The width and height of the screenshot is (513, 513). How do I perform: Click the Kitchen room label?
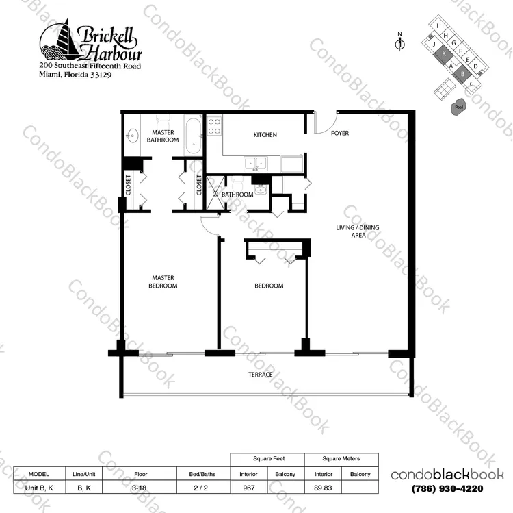click(265, 135)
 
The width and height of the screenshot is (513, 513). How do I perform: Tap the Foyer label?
click(339, 133)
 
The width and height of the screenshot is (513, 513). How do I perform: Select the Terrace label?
click(260, 375)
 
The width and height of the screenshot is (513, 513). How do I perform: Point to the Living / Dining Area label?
click(358, 232)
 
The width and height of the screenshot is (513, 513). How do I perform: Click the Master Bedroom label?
click(163, 281)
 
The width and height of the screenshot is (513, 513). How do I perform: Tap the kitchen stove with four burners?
click(214, 126)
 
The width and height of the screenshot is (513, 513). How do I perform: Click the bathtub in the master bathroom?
click(193, 136)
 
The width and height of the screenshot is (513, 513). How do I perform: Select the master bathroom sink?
click(133, 136)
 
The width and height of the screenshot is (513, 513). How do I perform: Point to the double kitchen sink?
click(256, 163)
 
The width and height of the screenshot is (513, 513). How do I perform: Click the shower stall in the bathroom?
click(215, 193)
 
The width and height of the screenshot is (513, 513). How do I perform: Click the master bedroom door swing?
click(209, 225)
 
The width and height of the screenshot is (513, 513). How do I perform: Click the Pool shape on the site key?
click(459, 107)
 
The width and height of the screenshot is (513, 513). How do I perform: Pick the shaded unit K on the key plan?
click(444, 54)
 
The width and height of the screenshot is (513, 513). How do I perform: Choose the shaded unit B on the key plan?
click(462, 74)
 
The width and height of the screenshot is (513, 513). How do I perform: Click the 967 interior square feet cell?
click(249, 488)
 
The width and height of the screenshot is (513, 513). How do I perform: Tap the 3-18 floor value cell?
click(140, 488)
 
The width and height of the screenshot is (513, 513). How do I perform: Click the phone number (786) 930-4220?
click(447, 488)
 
